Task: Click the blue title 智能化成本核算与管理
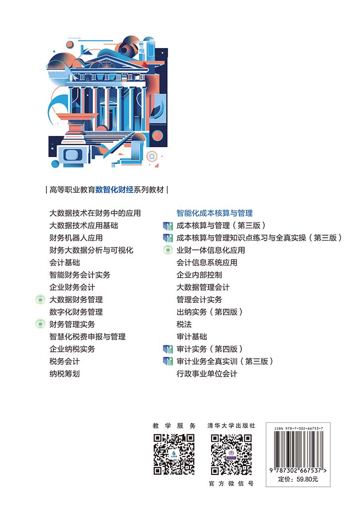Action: pos(215,213)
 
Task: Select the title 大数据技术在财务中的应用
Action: pos(95,213)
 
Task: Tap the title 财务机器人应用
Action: pos(76,238)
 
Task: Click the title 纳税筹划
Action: pos(64,374)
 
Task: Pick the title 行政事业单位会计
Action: pos(207,374)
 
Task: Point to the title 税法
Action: pos(184,324)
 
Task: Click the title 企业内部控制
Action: pos(199,275)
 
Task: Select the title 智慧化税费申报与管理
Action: pos(87,337)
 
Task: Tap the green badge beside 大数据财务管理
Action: pos(40,299)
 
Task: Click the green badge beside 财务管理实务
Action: pos(40,324)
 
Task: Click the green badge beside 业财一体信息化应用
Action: pos(168,250)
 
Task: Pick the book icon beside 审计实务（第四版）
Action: pos(168,349)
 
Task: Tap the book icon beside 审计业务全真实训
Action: pos(168,361)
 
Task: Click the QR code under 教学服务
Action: pos(174,455)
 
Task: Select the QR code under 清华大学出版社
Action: pos(231,455)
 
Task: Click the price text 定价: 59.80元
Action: pos(298,479)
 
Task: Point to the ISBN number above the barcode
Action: pos(299,428)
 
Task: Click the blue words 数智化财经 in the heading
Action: pos(114,190)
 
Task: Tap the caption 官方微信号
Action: pos(231,484)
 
